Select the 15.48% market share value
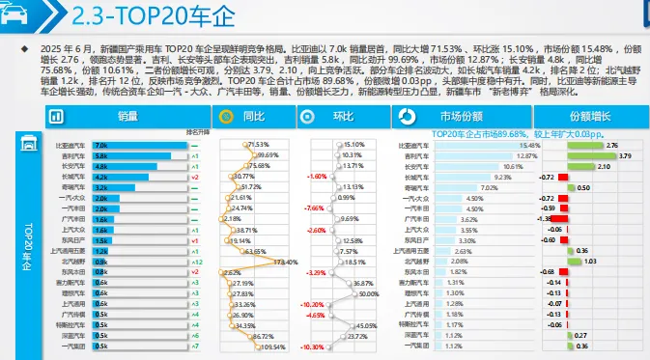coord(527,145)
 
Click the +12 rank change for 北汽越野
coord(196,262)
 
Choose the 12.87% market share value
coord(526,155)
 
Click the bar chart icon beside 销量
coord(56,117)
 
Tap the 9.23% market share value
coord(502,177)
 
